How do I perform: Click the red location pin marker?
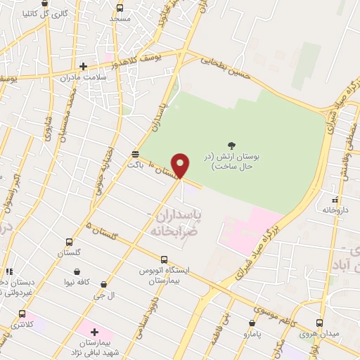(181, 165)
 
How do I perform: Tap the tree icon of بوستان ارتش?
(232, 146)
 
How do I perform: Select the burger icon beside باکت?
(135, 153)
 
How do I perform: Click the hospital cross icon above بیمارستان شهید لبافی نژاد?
(94, 331)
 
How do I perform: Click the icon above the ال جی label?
(103, 285)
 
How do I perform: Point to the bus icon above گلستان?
(68, 242)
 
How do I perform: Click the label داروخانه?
(336, 210)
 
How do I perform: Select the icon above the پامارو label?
(252, 323)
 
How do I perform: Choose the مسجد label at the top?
(120, 18)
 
